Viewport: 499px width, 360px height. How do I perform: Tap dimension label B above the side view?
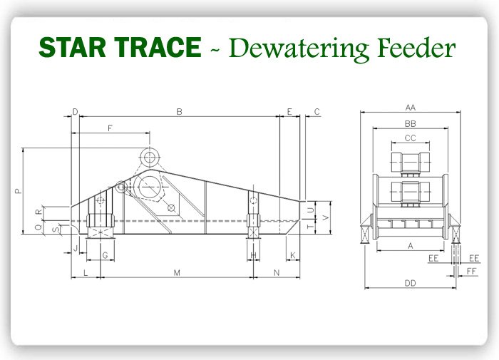tap(180, 111)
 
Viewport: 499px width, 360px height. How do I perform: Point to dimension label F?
tap(110, 128)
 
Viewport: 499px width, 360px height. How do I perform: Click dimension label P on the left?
tap(19, 191)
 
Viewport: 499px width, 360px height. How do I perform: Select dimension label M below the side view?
tap(177, 273)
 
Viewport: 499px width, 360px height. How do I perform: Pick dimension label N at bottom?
tap(277, 273)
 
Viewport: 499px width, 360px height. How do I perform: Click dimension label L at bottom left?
tap(85, 273)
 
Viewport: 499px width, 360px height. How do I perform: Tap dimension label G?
tap(104, 255)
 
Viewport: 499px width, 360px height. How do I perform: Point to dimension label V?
tap(326, 216)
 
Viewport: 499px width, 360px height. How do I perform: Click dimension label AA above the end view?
tap(410, 108)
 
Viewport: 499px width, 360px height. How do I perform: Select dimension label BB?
tap(410, 123)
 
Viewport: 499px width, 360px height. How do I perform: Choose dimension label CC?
tap(410, 138)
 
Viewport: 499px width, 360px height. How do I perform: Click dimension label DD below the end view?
tap(410, 284)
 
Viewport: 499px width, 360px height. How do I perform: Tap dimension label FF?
tap(471, 272)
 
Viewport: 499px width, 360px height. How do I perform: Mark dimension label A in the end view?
tap(410, 245)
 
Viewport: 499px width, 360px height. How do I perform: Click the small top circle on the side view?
tap(149, 157)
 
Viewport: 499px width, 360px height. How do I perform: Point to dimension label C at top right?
tap(317, 111)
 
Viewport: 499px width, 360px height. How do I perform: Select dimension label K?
tap(293, 255)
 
